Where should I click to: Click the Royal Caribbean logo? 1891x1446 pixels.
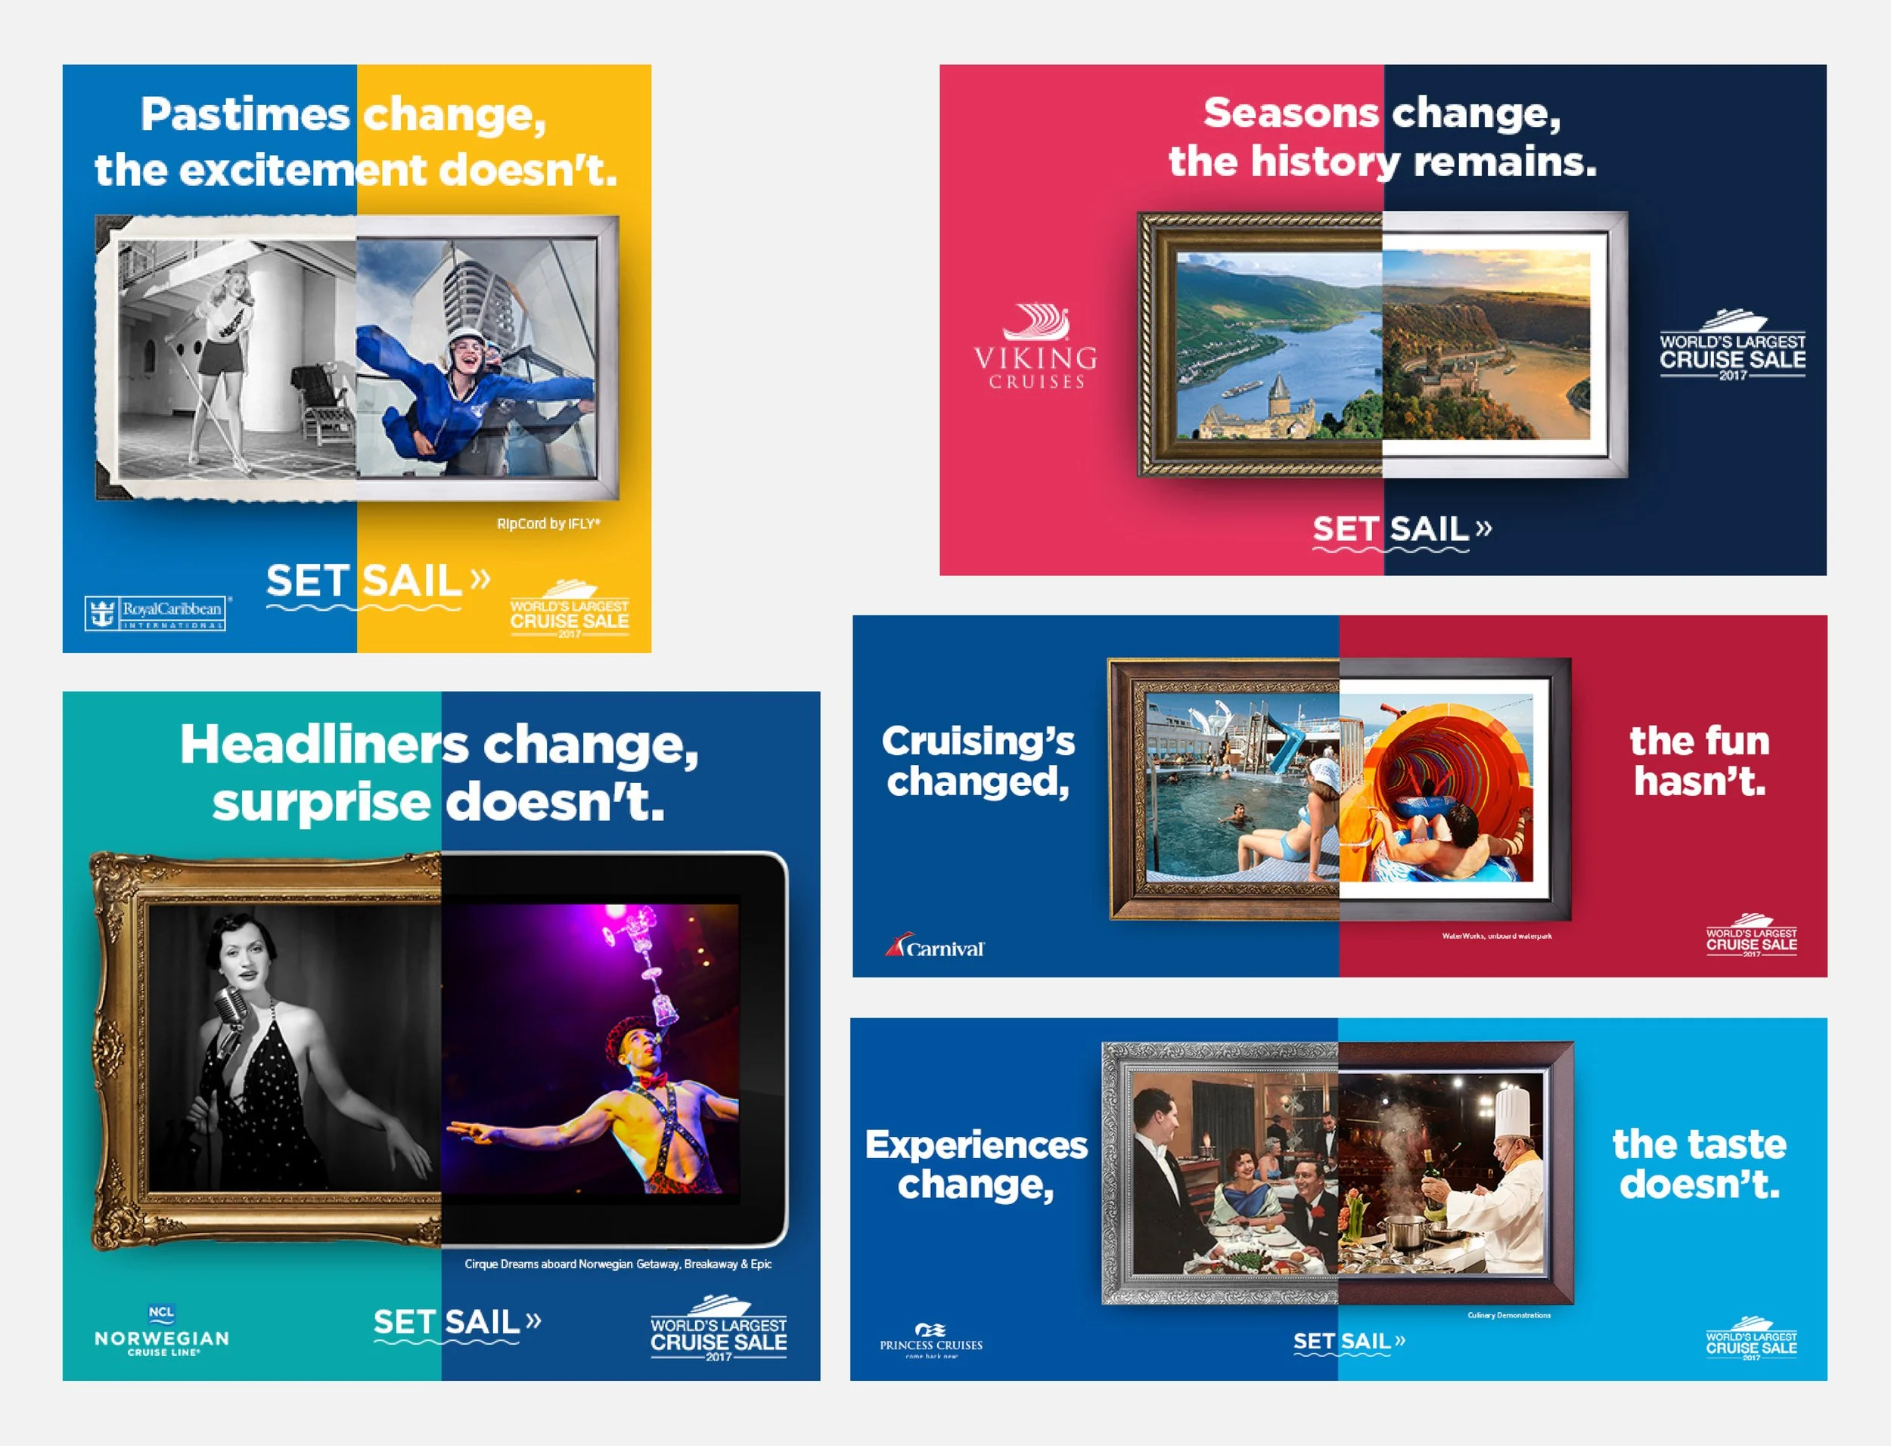click(x=156, y=613)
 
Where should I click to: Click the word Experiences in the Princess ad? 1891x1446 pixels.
click(x=977, y=1144)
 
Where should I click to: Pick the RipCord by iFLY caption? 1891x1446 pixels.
click(x=548, y=523)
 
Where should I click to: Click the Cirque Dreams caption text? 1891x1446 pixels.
click(x=617, y=1264)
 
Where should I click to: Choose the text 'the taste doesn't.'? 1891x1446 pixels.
click(x=1699, y=1164)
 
